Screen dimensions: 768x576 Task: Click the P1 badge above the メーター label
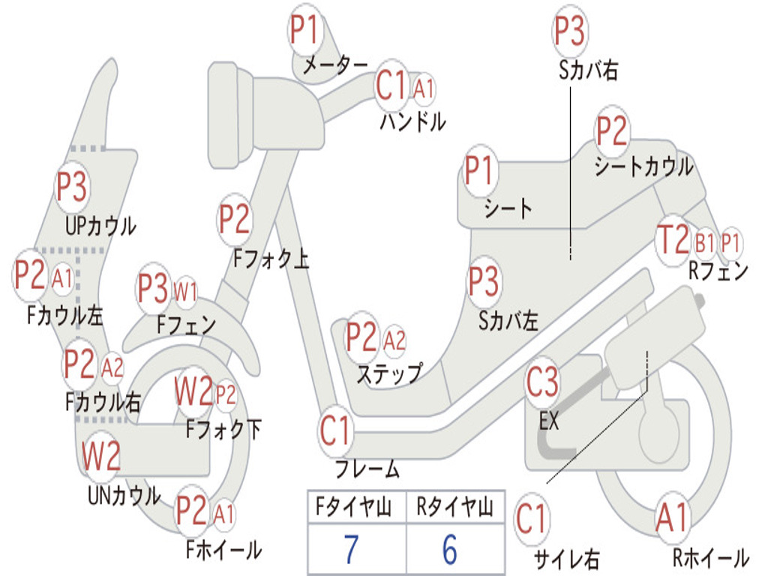click(306, 29)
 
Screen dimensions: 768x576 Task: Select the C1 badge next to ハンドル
click(391, 85)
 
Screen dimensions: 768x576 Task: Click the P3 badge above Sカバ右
click(570, 30)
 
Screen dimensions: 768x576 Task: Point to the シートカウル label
click(643, 166)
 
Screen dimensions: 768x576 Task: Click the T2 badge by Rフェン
click(673, 239)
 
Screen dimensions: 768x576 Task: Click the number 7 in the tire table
click(351, 549)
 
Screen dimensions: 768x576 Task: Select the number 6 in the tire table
click(450, 549)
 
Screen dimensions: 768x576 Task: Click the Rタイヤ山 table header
click(454, 506)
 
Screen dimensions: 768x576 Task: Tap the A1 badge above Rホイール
click(673, 518)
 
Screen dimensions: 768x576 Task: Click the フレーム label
click(367, 469)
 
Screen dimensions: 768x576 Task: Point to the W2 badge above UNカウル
click(100, 456)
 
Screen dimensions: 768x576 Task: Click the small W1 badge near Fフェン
click(186, 293)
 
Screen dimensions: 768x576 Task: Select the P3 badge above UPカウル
click(71, 187)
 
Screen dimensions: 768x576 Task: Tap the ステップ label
click(389, 373)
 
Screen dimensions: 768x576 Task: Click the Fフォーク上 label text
click(271, 258)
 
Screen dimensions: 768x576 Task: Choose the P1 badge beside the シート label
click(479, 170)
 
